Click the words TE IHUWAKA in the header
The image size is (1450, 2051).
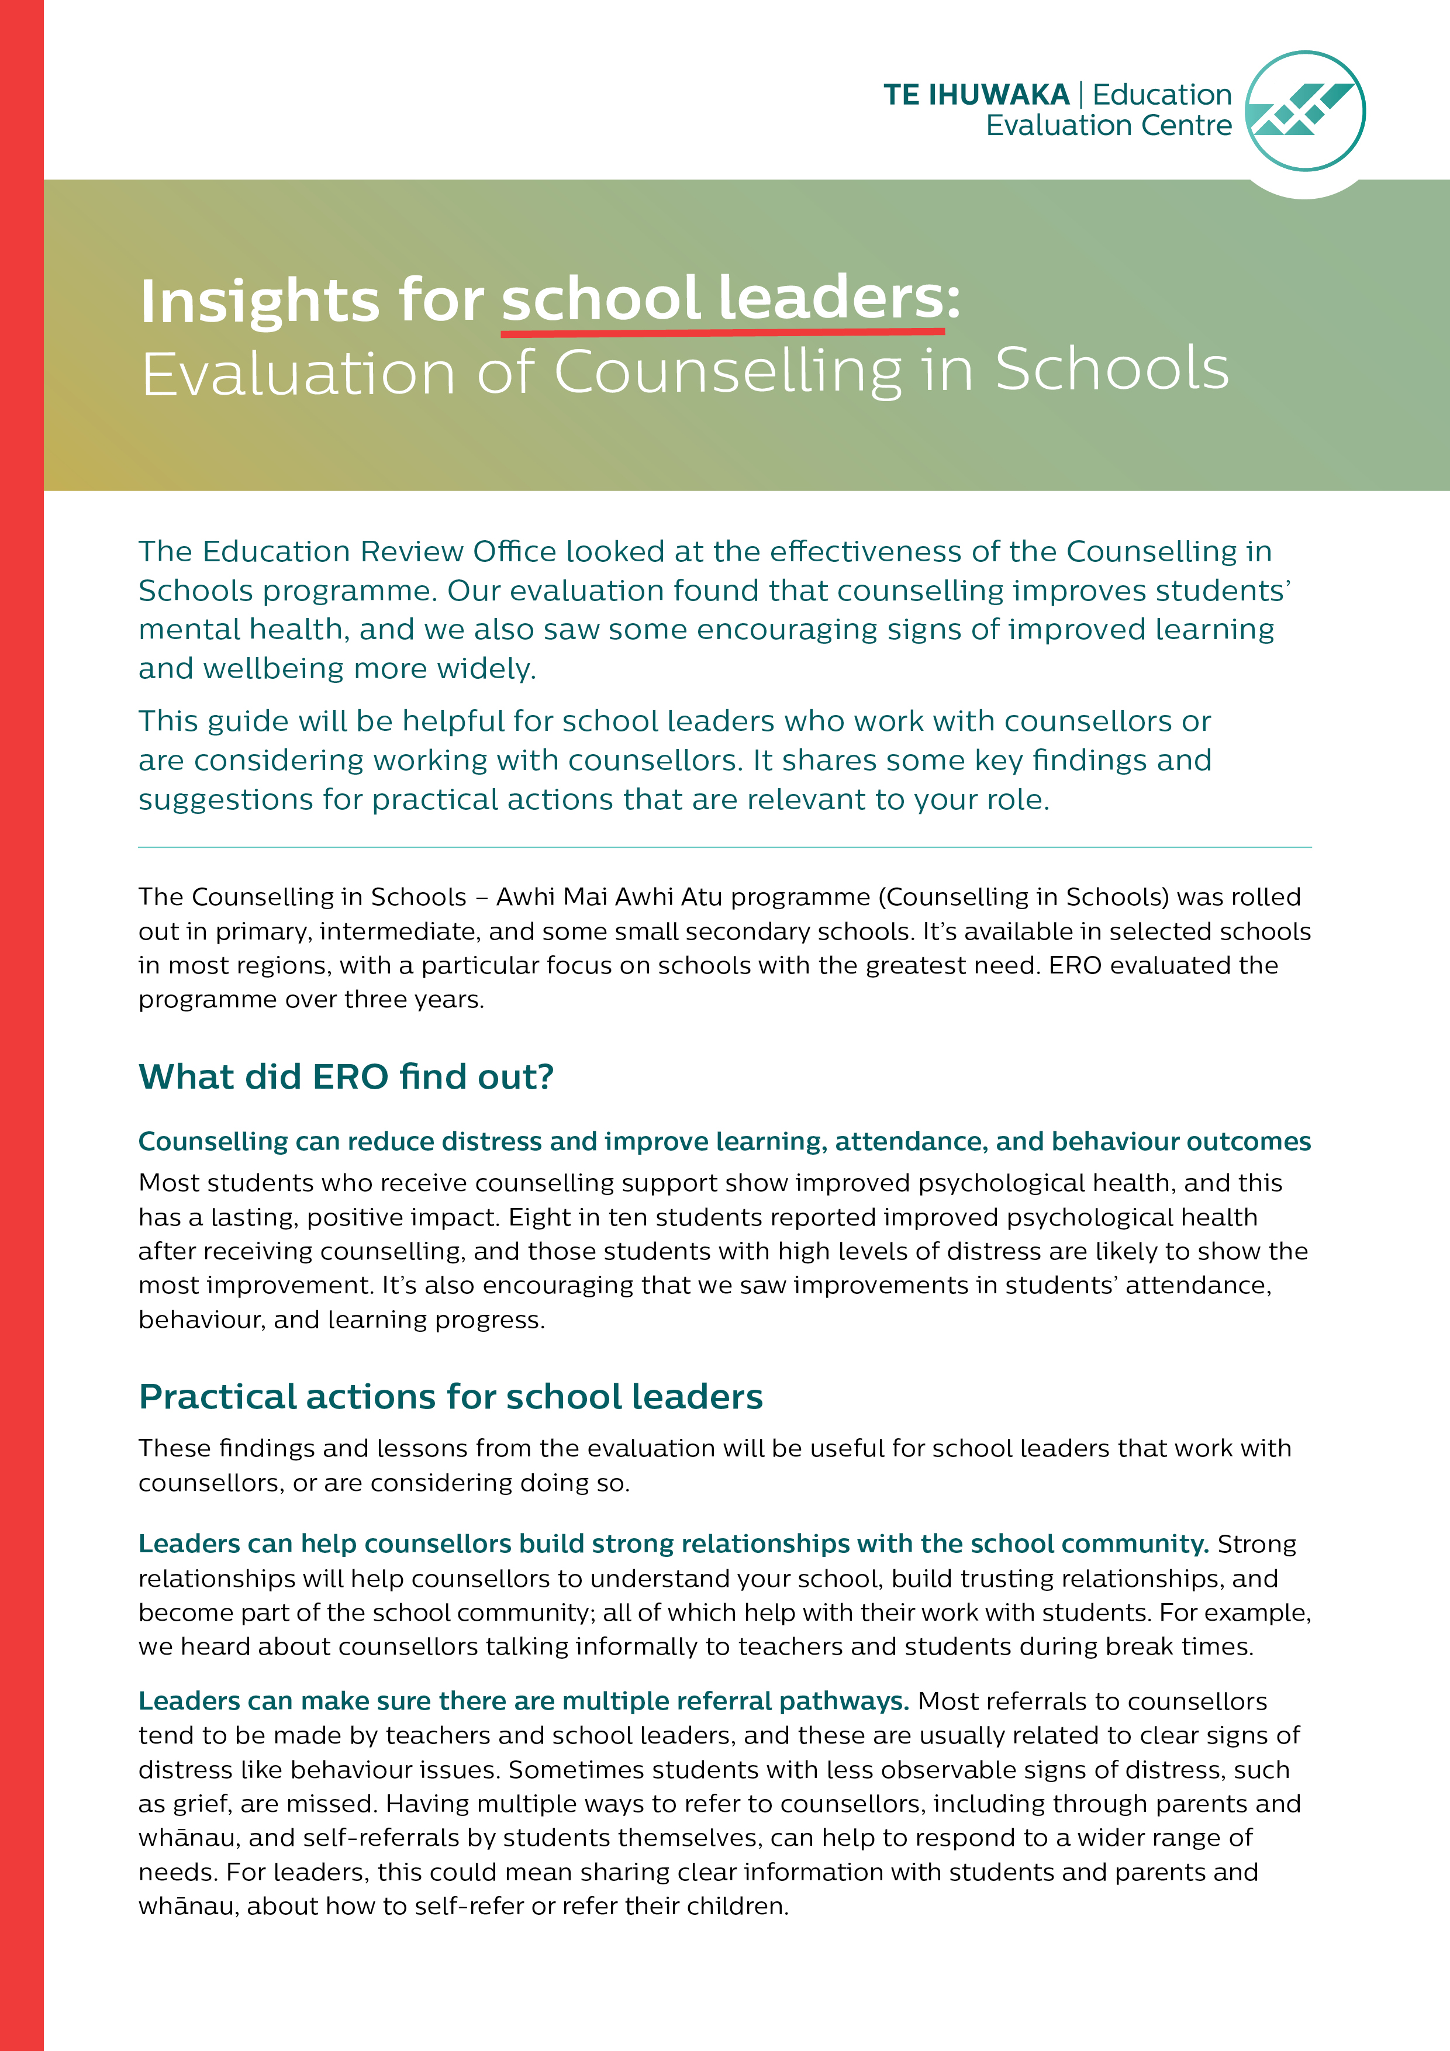tap(976, 95)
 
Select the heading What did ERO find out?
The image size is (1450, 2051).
tap(346, 1078)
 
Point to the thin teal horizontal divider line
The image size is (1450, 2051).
tap(724, 847)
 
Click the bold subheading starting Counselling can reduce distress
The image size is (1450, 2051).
tap(724, 1142)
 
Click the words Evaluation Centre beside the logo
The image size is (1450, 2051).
tap(1108, 126)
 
